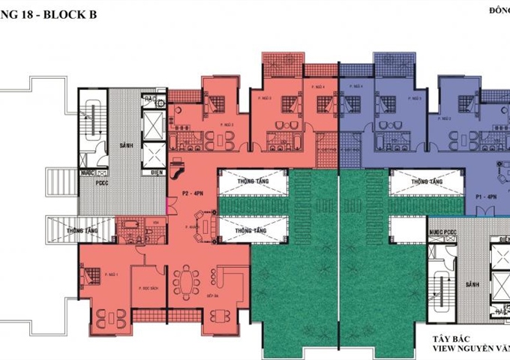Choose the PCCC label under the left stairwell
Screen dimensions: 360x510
pyautogui.click(x=102, y=182)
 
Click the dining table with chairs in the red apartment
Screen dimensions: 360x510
pyautogui.click(x=184, y=284)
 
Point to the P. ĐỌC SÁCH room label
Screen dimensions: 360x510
pyautogui.click(x=146, y=287)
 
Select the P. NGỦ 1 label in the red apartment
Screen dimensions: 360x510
pyautogui.click(x=112, y=274)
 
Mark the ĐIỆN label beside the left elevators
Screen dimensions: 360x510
pyautogui.click(x=157, y=172)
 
